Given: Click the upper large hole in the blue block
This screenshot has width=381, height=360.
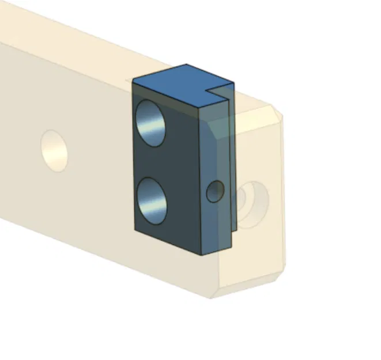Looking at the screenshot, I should pyautogui.click(x=151, y=123).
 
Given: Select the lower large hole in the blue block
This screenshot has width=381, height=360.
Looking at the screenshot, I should pyautogui.click(x=152, y=200).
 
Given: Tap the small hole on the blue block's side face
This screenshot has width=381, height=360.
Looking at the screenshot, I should pyautogui.click(x=214, y=191).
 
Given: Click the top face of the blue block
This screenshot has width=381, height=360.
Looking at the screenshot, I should pyautogui.click(x=179, y=86).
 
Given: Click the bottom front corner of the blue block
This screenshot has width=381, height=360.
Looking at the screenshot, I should pyautogui.click(x=199, y=255).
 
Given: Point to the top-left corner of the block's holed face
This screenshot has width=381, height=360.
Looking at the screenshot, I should pyautogui.click(x=133, y=81).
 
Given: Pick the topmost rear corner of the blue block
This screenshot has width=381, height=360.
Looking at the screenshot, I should pyautogui.click(x=186, y=65).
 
